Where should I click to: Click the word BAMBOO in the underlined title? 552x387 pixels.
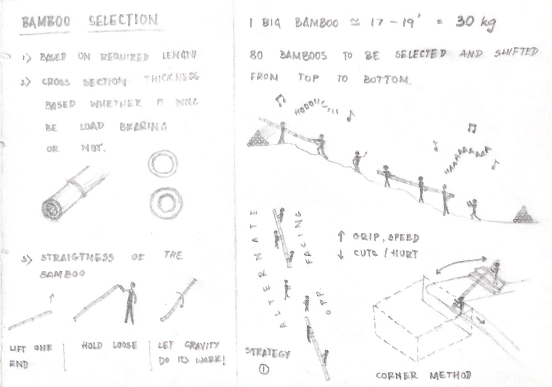coord(46,22)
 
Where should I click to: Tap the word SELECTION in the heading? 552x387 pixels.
coord(123,20)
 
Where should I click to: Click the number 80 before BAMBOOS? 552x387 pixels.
coord(256,55)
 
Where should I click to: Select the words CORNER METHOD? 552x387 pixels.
coord(423,375)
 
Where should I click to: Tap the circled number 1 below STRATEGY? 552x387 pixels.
coord(264,369)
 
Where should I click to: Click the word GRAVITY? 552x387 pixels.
coord(202,345)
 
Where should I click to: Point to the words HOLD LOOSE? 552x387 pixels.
coord(109,345)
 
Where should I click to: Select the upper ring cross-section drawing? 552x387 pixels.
coord(163,164)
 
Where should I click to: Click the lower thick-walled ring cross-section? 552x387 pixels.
coord(166,203)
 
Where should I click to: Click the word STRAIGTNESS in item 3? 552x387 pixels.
coord(77,258)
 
